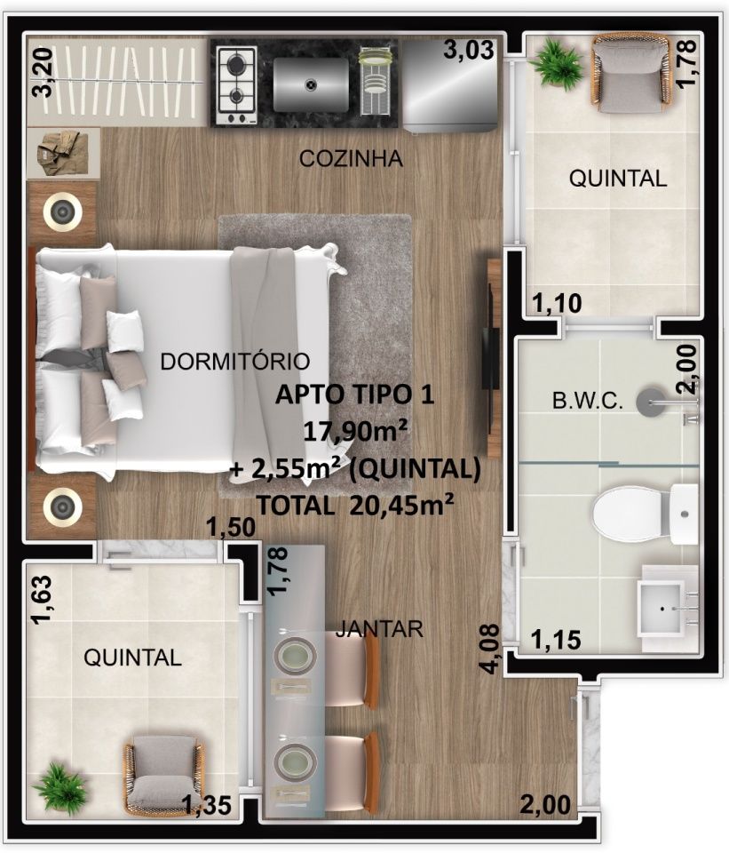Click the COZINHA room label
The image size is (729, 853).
352,158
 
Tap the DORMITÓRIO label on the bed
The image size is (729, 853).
234,362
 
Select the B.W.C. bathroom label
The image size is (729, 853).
587,402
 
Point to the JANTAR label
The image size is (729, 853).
379,628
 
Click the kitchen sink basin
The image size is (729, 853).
311,84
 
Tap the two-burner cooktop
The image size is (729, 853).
236,85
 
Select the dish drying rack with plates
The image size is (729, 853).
375,81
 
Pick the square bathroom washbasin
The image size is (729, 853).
668,608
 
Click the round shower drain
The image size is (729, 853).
650,402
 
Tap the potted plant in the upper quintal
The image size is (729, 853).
556,61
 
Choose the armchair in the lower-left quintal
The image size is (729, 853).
163,774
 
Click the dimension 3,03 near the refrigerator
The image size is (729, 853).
469,50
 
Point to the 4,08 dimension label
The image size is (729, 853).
490,649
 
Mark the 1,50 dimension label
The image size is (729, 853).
232,527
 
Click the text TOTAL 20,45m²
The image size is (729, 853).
355,506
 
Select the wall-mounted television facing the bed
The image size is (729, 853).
492,359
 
